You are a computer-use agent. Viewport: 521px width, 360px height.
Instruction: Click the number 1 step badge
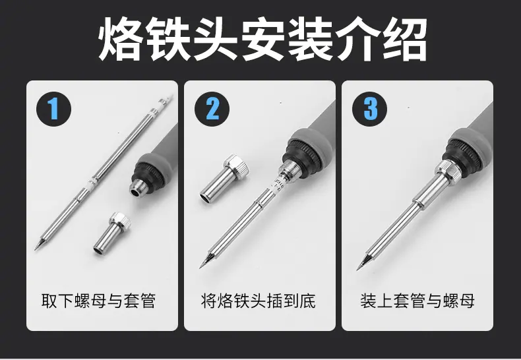(x=53, y=109)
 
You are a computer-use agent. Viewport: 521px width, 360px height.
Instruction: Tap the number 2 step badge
(x=212, y=109)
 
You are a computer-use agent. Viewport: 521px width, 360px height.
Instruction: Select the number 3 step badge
(x=369, y=109)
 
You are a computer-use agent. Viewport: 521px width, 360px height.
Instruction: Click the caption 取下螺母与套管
(x=99, y=301)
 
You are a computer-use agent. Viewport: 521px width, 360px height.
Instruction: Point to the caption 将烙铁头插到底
(x=258, y=301)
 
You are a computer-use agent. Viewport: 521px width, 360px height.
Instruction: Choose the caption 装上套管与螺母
(x=417, y=301)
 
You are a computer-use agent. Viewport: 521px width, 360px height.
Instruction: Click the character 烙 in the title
(x=121, y=39)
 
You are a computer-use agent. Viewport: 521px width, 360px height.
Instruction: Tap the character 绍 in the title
(x=404, y=39)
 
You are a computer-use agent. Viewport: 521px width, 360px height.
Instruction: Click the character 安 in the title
(x=263, y=39)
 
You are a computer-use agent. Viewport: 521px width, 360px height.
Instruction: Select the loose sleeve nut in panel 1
(x=111, y=233)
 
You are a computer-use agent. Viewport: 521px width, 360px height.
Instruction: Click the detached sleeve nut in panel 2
(x=224, y=179)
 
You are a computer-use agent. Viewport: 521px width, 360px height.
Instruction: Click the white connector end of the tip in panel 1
(x=166, y=100)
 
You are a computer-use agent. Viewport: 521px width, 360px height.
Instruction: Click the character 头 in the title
(x=216, y=39)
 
